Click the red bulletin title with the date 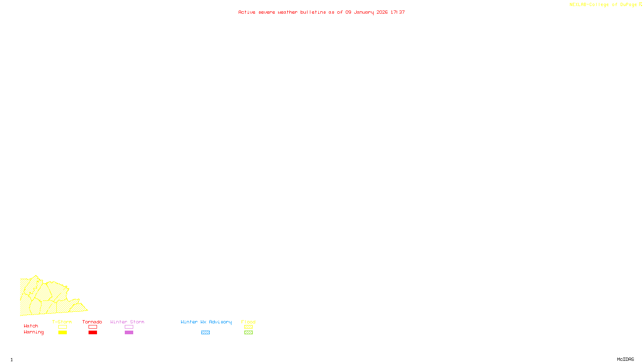tap(322, 12)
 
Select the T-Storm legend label tap(62, 322)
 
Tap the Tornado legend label tap(92, 322)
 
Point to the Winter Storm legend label tap(127, 322)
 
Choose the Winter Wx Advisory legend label tap(206, 322)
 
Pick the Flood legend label tap(248, 322)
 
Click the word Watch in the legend tap(31, 326)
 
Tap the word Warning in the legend tap(34, 332)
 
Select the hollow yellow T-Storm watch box tap(62, 327)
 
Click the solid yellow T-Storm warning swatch tap(62, 333)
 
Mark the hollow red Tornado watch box tap(93, 327)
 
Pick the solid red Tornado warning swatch tap(93, 333)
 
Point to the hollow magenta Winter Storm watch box tap(129, 327)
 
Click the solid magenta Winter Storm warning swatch tap(129, 333)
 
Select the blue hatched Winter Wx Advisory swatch tap(205, 333)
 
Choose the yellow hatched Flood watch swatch tap(248, 327)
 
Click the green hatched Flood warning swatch tap(248, 333)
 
